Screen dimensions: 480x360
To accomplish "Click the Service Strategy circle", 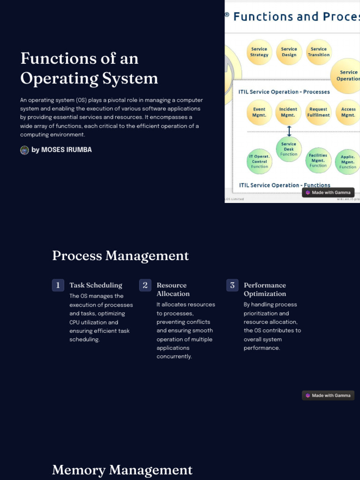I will coord(259,52).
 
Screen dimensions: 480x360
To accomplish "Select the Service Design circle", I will coord(289,52).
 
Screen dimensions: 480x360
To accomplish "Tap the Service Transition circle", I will coord(319,52).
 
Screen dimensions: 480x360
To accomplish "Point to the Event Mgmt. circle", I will coord(259,112).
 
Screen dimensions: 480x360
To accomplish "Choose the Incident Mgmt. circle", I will coord(288,112).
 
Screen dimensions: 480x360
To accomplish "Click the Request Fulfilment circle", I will coord(318,112).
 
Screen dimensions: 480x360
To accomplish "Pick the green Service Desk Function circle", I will coord(289,149).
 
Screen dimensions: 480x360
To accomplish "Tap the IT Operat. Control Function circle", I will coord(259,161).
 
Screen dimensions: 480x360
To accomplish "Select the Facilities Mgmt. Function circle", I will coord(318,160).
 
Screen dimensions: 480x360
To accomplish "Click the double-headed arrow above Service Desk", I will coord(289,131).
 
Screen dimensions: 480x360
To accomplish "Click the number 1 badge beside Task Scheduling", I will coord(58,285).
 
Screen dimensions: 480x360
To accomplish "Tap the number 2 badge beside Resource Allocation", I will coord(145,285).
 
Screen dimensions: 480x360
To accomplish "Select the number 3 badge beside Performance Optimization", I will coord(232,285).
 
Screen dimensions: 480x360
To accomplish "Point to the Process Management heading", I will coord(120,256).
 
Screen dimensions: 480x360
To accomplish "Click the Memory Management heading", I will coord(122,470).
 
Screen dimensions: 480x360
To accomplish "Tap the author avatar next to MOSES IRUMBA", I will coord(24,150).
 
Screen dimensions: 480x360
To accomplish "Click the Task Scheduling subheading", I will coord(96,285).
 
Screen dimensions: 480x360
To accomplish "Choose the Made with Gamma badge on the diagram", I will coord(328,193).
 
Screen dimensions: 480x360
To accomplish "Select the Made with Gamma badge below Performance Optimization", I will coord(328,396).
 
